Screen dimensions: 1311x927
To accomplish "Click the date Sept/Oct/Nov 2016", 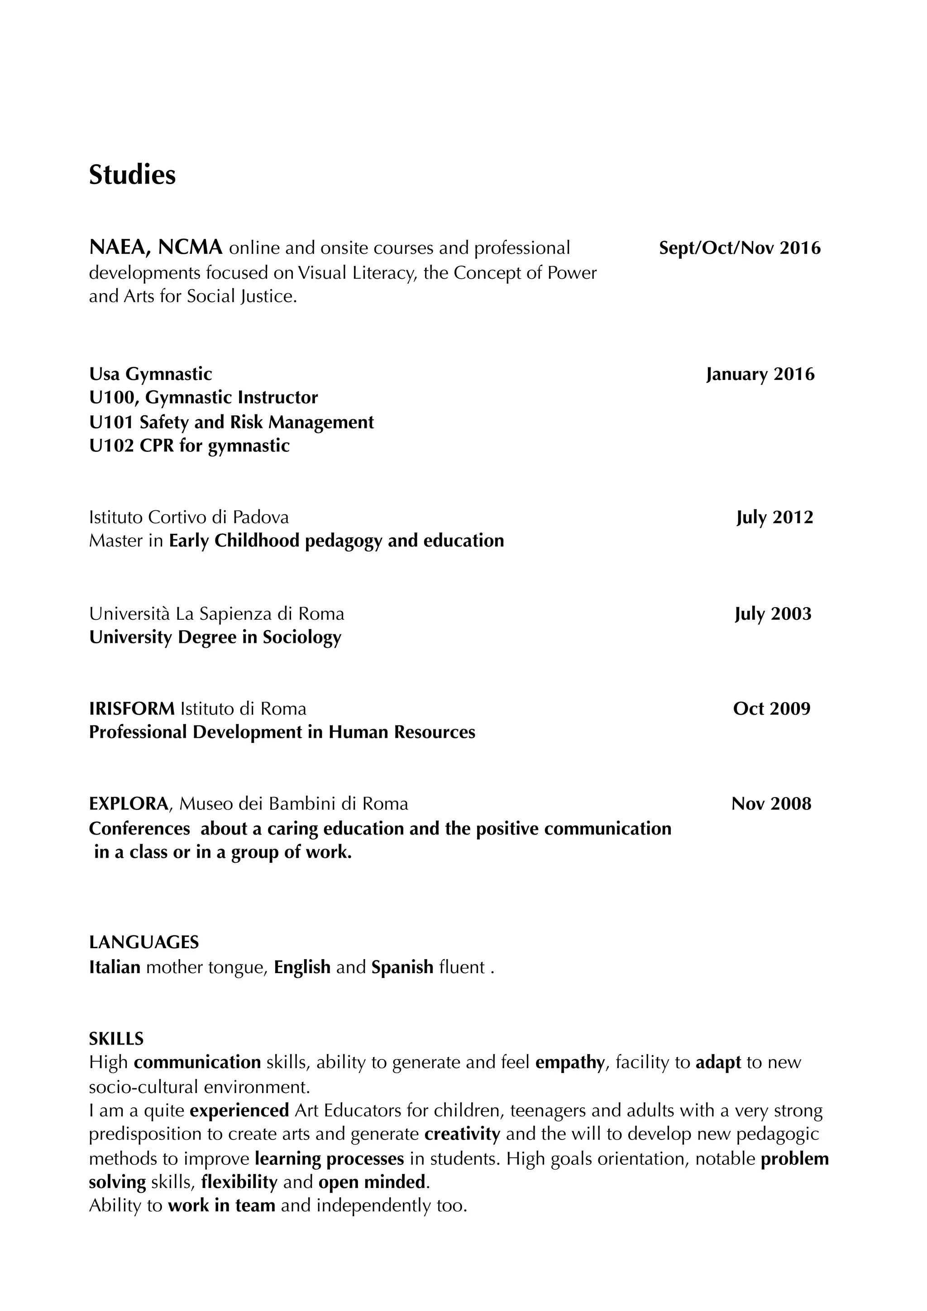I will pyautogui.click(x=739, y=248).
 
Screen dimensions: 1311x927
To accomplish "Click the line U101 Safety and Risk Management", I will pyautogui.click(x=231, y=422).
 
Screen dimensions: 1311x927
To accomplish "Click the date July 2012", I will pyautogui.click(x=774, y=518).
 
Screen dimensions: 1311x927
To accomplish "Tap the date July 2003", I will pyautogui.click(x=772, y=614).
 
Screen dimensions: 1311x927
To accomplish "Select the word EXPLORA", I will pyautogui.click(x=129, y=804).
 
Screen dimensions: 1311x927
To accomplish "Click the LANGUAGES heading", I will pyautogui.click(x=143, y=942).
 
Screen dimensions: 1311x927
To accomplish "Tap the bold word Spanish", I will pyautogui.click(x=402, y=967).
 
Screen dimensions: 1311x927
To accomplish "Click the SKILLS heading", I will pyautogui.click(x=116, y=1038).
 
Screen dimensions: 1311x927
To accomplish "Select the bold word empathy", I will pyautogui.click(x=569, y=1063).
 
